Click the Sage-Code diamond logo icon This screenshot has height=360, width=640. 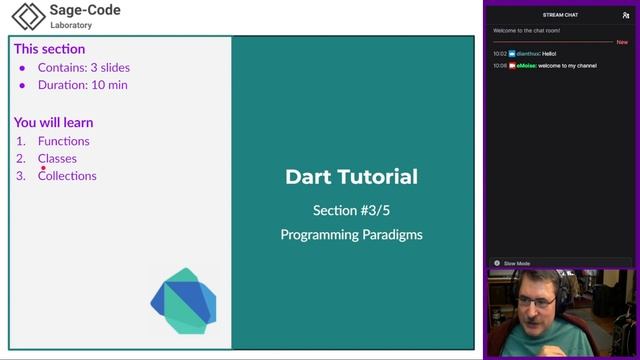[x=28, y=16]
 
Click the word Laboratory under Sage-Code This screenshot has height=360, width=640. [x=71, y=25]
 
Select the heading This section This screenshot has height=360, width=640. [x=49, y=49]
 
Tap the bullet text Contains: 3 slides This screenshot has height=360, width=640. [x=84, y=68]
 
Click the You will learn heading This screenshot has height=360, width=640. [x=54, y=122]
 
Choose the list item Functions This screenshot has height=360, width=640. [x=64, y=141]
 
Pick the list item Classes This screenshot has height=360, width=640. [x=57, y=158]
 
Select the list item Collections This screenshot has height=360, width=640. [x=67, y=176]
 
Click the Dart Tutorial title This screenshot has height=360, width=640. [x=352, y=177]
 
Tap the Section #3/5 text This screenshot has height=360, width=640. [x=352, y=210]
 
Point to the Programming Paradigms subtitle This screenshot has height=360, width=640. [x=352, y=235]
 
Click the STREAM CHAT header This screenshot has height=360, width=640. [x=560, y=15]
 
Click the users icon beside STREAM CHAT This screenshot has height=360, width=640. [x=626, y=15]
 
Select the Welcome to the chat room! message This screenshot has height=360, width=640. [x=527, y=30]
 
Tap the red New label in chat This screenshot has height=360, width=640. [x=622, y=42]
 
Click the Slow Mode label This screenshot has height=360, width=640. [x=517, y=263]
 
